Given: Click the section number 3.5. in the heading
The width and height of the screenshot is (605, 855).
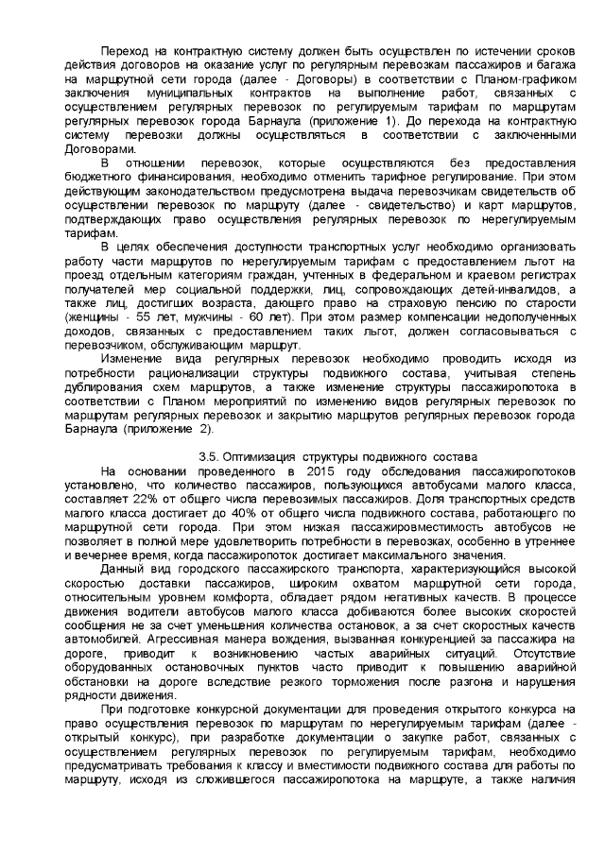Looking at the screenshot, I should click(210, 456).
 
